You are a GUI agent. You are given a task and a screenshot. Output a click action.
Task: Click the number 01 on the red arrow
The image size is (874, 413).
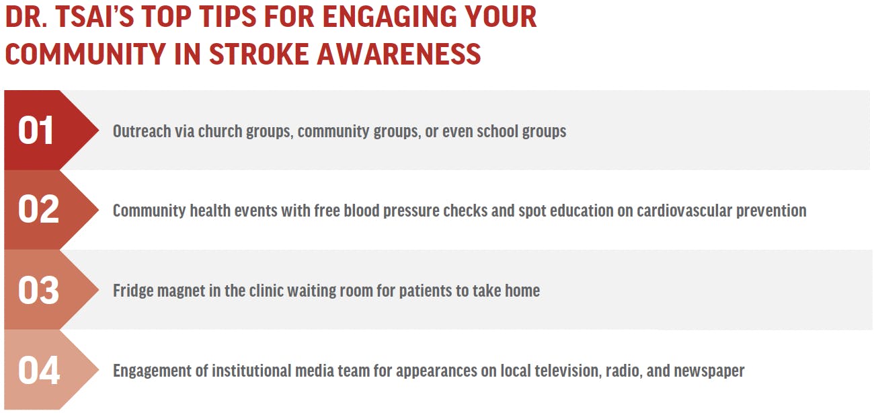tap(36, 130)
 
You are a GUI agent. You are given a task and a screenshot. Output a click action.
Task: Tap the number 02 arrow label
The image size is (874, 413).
tap(38, 210)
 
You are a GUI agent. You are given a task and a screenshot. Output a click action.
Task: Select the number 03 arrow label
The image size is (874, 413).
tap(38, 290)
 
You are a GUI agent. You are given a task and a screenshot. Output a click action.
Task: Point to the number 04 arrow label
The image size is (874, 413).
tap(38, 370)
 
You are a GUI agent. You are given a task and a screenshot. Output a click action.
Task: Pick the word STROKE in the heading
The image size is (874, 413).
tap(258, 54)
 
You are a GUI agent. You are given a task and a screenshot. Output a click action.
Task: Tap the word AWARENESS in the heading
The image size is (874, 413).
tap(399, 54)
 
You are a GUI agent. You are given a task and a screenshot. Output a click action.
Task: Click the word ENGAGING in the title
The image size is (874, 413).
tap(390, 17)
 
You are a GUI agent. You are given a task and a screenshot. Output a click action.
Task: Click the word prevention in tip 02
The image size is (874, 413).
tap(771, 211)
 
